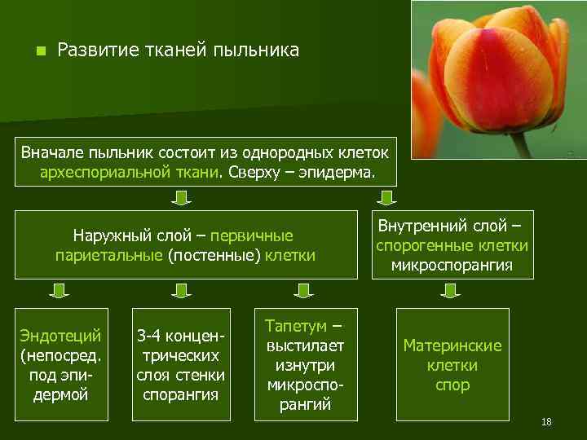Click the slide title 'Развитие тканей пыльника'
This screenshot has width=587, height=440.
pyautogui.click(x=179, y=51)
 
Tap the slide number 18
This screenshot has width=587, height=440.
pyautogui.click(x=546, y=421)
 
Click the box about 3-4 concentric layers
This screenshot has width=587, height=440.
pyautogui.click(x=180, y=364)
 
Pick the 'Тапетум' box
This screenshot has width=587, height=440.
pyautogui.click(x=306, y=364)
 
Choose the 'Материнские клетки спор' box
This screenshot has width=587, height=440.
pyautogui.click(x=452, y=364)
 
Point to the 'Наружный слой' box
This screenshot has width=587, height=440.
pyautogui.click(x=184, y=245)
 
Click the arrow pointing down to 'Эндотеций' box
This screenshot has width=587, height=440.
pyautogui.click(x=58, y=291)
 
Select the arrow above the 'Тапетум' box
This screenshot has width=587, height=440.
pyautogui.click(x=303, y=291)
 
